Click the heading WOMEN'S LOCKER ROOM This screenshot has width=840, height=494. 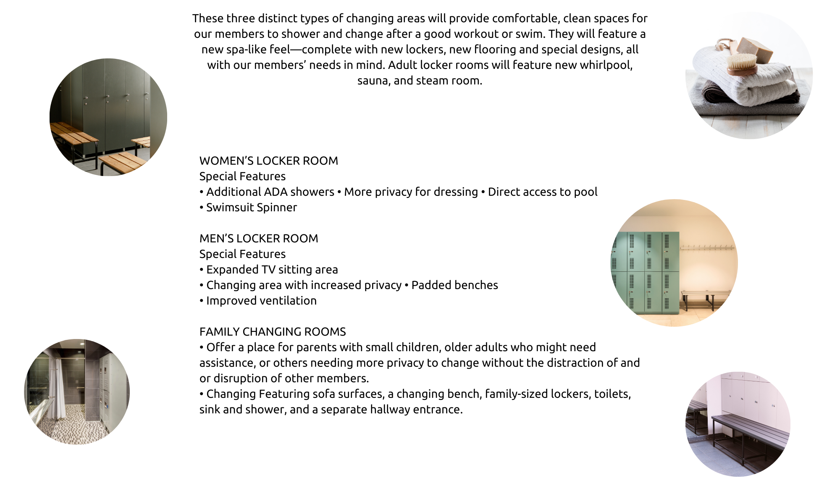[x=268, y=161]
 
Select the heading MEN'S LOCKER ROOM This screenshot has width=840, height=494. [x=259, y=239]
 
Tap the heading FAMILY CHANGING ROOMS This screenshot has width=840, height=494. [x=273, y=332]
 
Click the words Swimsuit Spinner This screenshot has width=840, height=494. [x=251, y=208]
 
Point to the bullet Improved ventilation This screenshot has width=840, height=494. [x=261, y=301]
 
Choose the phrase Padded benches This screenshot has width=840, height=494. [x=454, y=285]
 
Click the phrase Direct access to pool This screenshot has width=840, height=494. [x=542, y=192]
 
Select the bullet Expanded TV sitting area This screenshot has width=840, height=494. [x=272, y=270]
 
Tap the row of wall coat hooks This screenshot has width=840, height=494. [x=708, y=248]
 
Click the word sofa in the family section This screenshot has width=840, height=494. [x=324, y=394]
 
